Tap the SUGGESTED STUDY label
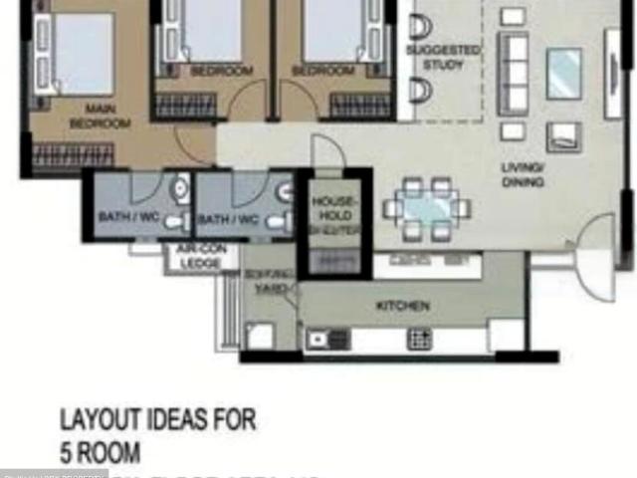[443, 57]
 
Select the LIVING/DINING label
[522, 175]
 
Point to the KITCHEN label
[403, 306]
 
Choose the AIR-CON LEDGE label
[199, 256]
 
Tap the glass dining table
[428, 209]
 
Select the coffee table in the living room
[563, 73]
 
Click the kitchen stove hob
[419, 339]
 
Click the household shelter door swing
[326, 154]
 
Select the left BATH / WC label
[122, 217]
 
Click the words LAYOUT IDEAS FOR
[157, 419]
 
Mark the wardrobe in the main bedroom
[73, 154]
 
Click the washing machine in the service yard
[261, 336]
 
